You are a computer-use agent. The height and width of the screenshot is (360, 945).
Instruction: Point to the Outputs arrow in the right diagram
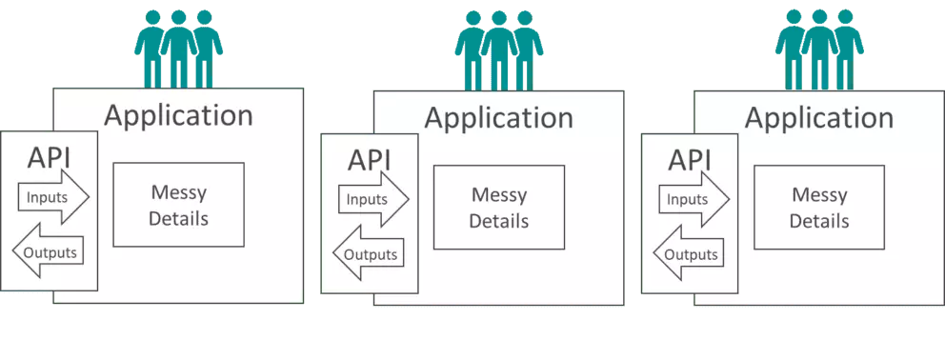(x=687, y=254)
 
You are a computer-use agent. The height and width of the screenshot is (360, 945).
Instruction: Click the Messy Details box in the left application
(x=178, y=205)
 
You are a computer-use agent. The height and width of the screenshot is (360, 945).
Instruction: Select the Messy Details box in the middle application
(x=498, y=208)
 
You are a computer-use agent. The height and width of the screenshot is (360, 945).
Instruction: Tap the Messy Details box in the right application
(x=818, y=208)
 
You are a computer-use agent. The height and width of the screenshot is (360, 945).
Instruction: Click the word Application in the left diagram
(x=178, y=115)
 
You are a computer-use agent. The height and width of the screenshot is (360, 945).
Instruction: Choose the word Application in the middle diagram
(x=498, y=118)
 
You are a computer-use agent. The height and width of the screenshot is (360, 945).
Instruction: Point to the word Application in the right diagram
(x=818, y=118)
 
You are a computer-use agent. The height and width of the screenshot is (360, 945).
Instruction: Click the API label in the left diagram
(x=50, y=157)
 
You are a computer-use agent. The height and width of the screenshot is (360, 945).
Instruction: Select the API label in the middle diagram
(x=370, y=159)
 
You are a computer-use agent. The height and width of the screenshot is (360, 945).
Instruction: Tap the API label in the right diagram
(x=690, y=159)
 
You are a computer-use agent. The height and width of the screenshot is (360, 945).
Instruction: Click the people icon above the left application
(x=178, y=48)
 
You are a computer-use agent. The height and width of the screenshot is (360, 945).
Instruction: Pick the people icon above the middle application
(x=498, y=50)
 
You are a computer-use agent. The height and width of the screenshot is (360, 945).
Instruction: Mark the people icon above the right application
(x=819, y=50)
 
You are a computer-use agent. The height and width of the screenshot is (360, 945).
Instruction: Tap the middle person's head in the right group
(x=819, y=18)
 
